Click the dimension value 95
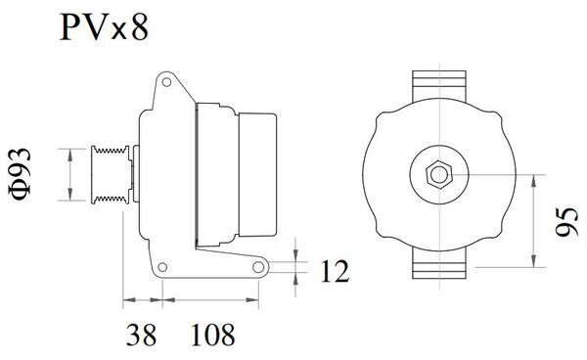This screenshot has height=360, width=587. [564, 222]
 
